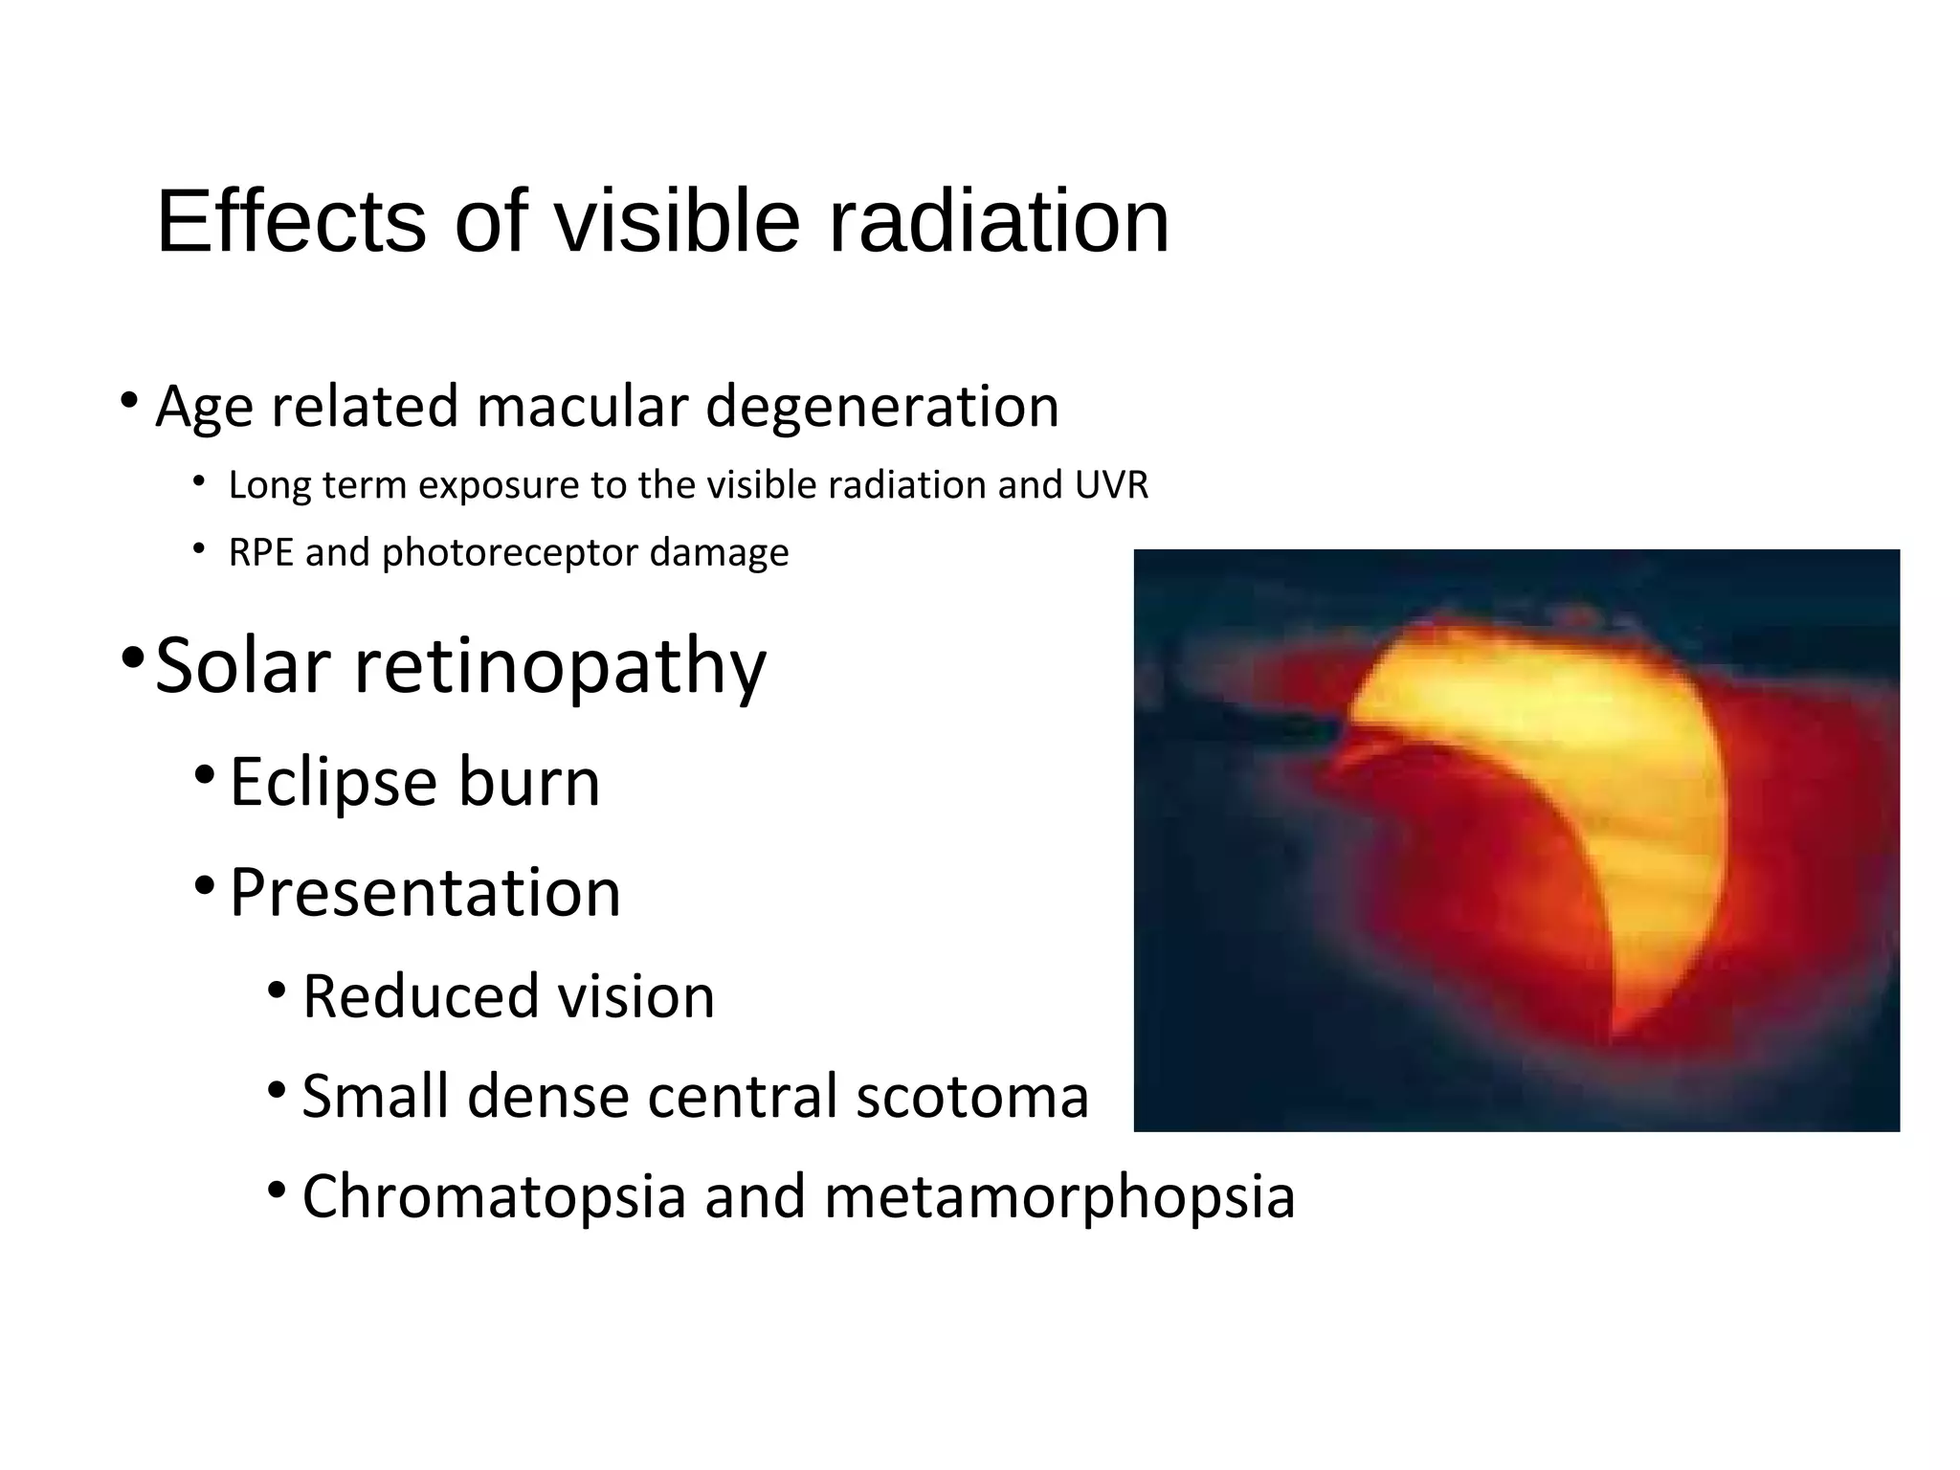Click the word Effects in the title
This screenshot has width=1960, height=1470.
click(x=291, y=222)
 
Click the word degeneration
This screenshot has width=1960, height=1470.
click(x=882, y=406)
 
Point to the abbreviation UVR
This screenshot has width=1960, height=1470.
click(x=1111, y=485)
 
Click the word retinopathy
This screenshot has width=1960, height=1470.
click(x=561, y=668)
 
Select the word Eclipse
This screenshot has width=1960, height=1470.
click(x=333, y=783)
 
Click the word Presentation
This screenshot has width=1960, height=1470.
click(x=425, y=892)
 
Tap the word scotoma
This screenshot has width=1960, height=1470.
click(x=972, y=1096)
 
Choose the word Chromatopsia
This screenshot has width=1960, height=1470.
click(x=494, y=1196)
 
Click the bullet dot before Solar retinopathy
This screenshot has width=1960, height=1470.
click(x=133, y=658)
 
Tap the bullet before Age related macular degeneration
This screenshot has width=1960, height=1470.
click(x=130, y=399)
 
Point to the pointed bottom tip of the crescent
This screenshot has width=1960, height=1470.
click(x=1615, y=1032)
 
